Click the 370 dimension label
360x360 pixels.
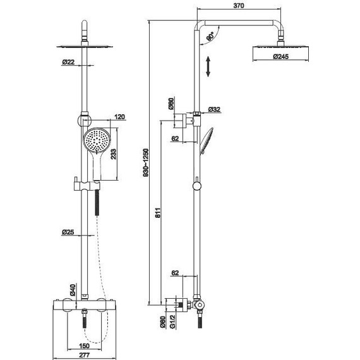click(239, 6)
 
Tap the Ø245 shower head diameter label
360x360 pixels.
click(281, 56)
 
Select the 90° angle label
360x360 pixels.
click(210, 37)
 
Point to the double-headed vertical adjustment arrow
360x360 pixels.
click(208, 66)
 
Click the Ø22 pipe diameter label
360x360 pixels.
click(68, 62)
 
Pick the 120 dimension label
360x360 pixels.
click(119, 117)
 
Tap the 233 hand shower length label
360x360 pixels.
click(114, 154)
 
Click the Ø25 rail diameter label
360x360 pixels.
click(68, 232)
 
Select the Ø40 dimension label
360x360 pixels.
click(73, 290)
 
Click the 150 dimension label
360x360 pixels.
click(84, 345)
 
